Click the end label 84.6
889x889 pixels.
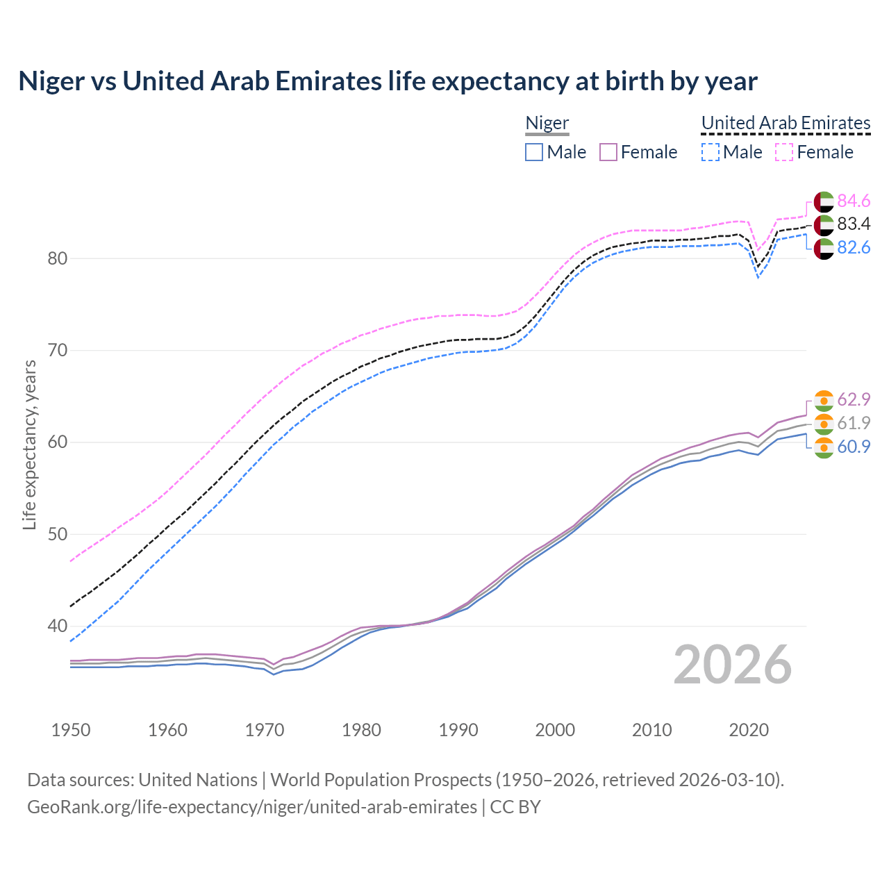[x=854, y=201]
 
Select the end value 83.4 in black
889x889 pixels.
[x=854, y=224]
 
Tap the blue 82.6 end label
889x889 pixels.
[x=854, y=247]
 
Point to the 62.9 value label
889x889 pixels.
[x=854, y=399]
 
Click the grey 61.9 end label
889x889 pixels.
[x=854, y=423]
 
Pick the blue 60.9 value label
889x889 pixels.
[x=854, y=447]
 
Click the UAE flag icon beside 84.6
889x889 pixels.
[x=824, y=201]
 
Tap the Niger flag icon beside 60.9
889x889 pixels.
[x=824, y=447]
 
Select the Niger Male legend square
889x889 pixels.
[x=533, y=152]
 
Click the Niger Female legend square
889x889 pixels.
[x=608, y=152]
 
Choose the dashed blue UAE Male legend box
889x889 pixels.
[x=710, y=152]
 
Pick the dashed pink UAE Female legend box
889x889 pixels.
[x=783, y=152]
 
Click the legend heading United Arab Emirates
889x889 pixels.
[x=786, y=123]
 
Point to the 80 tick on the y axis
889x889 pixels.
[x=58, y=258]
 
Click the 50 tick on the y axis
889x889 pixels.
[x=58, y=534]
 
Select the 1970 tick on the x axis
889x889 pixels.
[x=265, y=730]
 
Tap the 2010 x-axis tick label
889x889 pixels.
[x=651, y=730]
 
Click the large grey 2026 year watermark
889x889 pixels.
[x=732, y=665]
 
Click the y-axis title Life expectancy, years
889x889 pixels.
[x=30, y=444]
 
